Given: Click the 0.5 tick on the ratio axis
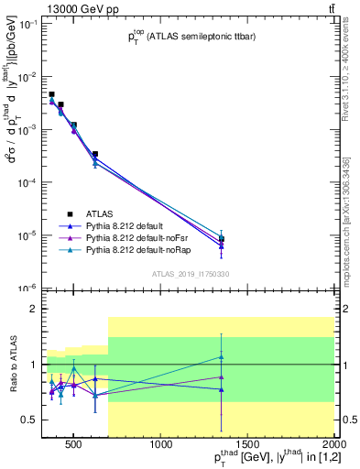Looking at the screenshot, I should click(x=27, y=420).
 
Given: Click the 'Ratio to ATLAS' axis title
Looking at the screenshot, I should click(x=11, y=365).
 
